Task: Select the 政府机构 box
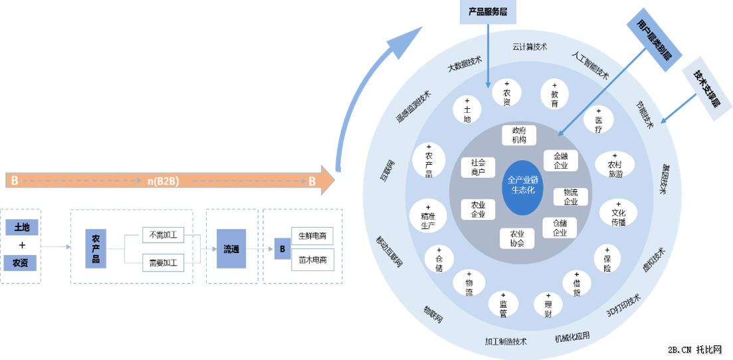(519, 135)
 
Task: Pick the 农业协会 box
(517, 238)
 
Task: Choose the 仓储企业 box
(560, 228)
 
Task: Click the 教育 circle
(554, 95)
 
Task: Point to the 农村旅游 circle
(614, 165)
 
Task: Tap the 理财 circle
(548, 305)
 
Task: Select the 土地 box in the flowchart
(21, 228)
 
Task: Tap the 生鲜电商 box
(312, 236)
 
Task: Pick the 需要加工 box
(163, 262)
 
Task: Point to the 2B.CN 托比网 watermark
(698, 349)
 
